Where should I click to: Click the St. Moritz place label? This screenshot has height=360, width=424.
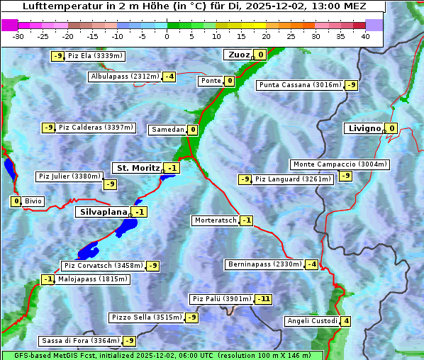(138, 168)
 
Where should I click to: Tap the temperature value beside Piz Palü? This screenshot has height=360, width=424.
(264, 299)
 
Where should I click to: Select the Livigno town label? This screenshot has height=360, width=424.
(364, 128)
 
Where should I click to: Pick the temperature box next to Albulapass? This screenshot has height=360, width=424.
(169, 77)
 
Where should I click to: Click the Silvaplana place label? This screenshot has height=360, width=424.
(103, 212)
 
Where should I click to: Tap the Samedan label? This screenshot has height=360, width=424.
(167, 130)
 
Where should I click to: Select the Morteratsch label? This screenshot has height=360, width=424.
(216, 220)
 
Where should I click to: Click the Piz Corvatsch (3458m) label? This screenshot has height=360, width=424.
(103, 266)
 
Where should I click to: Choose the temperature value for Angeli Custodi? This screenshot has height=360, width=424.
(346, 321)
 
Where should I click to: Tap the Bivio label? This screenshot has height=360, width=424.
(33, 201)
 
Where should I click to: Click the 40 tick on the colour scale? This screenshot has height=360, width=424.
(365, 36)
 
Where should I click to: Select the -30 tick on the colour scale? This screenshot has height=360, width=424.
(18, 36)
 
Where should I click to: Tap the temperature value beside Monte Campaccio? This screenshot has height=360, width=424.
(345, 175)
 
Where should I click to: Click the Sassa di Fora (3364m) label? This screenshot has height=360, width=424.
(79, 341)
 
